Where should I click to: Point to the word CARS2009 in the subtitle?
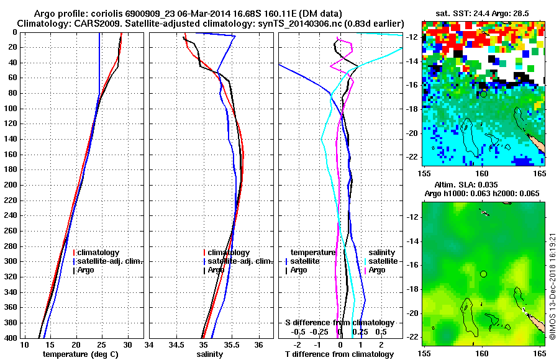click(x=89, y=24)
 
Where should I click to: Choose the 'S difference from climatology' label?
click(x=340, y=323)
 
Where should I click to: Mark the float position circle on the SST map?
click(x=483, y=94)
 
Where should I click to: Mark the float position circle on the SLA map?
click(x=483, y=274)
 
